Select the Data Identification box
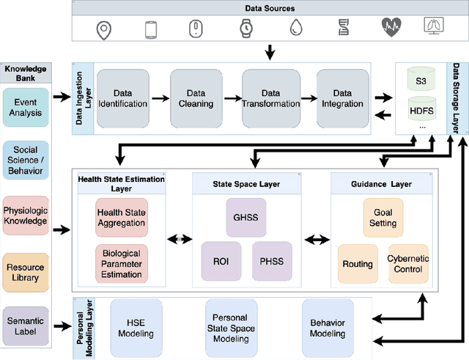coord(122,98)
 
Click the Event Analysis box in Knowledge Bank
coord(26,108)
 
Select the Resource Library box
coord(26,272)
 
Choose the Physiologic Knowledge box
coord(26,216)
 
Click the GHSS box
coord(240,217)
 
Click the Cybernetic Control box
coord(408,264)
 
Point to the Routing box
coord(358,264)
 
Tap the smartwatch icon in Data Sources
coord(245,29)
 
